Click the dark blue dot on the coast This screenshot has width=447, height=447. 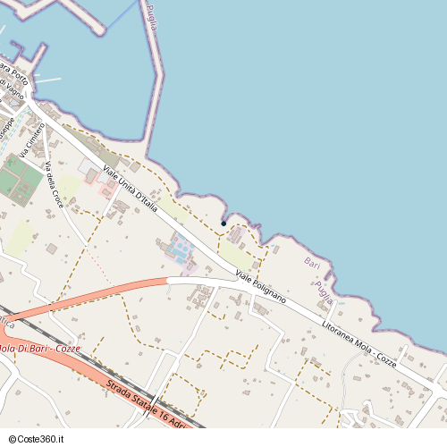pyautogui.click(x=223, y=223)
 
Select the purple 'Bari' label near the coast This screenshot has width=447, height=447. pyautogui.click(x=312, y=264)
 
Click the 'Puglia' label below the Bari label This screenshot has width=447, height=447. pyautogui.click(x=324, y=291)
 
